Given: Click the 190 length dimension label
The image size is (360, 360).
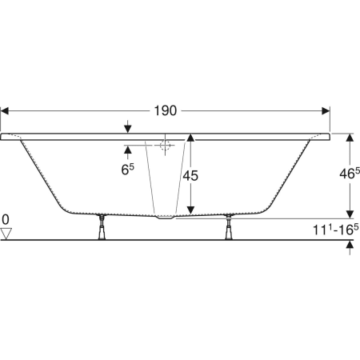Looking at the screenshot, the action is click(x=166, y=110).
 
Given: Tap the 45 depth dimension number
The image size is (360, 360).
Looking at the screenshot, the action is click(x=190, y=176).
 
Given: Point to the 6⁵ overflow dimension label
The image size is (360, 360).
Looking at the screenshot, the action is click(x=128, y=170).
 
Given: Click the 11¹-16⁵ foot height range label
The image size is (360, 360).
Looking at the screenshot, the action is click(x=336, y=230).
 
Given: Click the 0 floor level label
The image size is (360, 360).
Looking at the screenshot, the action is click(x=6, y=220).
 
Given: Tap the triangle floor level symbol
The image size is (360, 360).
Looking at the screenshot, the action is click(x=6, y=234).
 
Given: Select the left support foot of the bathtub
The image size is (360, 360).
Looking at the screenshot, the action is click(x=102, y=227).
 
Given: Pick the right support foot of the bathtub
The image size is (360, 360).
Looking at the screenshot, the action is click(x=229, y=227).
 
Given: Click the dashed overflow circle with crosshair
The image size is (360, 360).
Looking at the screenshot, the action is click(x=165, y=146).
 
